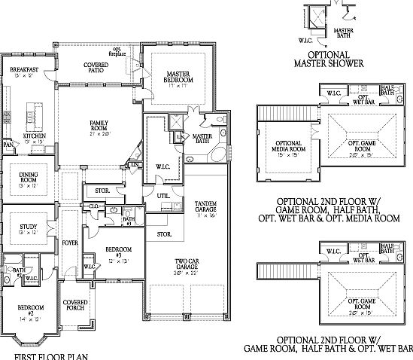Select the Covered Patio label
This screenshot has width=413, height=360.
coord(96,69)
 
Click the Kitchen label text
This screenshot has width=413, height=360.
coord(35,135)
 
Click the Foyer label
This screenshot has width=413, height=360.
coord(70,243)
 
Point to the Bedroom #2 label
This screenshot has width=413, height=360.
coord(30,310)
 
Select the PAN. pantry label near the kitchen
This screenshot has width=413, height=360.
coord(8,143)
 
